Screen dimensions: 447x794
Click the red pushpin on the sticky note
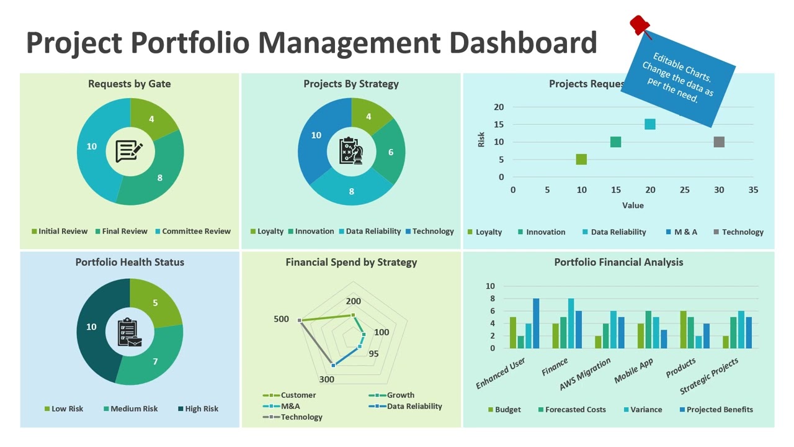pyautogui.click(x=640, y=25)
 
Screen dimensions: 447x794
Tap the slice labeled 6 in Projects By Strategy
pyautogui.click(x=390, y=152)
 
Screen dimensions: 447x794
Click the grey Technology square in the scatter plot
pyautogui.click(x=719, y=142)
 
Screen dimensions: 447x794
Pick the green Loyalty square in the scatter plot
pyautogui.click(x=581, y=160)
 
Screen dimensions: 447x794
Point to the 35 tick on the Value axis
pyautogui.click(x=753, y=190)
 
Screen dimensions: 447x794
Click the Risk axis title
pyautogui.click(x=481, y=140)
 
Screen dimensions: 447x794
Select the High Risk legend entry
pyautogui.click(x=198, y=409)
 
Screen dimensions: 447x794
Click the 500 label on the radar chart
pyautogui.click(x=281, y=319)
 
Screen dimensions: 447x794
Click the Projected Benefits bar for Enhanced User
pyautogui.click(x=536, y=323)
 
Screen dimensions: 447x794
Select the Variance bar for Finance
pyautogui.click(x=571, y=323)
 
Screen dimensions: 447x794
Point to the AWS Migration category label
pyautogui.click(x=584, y=374)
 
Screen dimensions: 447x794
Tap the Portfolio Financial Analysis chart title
pyautogui.click(x=618, y=262)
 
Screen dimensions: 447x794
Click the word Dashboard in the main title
pyautogui.click(x=522, y=42)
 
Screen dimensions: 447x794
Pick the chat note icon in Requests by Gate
pyautogui.click(x=130, y=150)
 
